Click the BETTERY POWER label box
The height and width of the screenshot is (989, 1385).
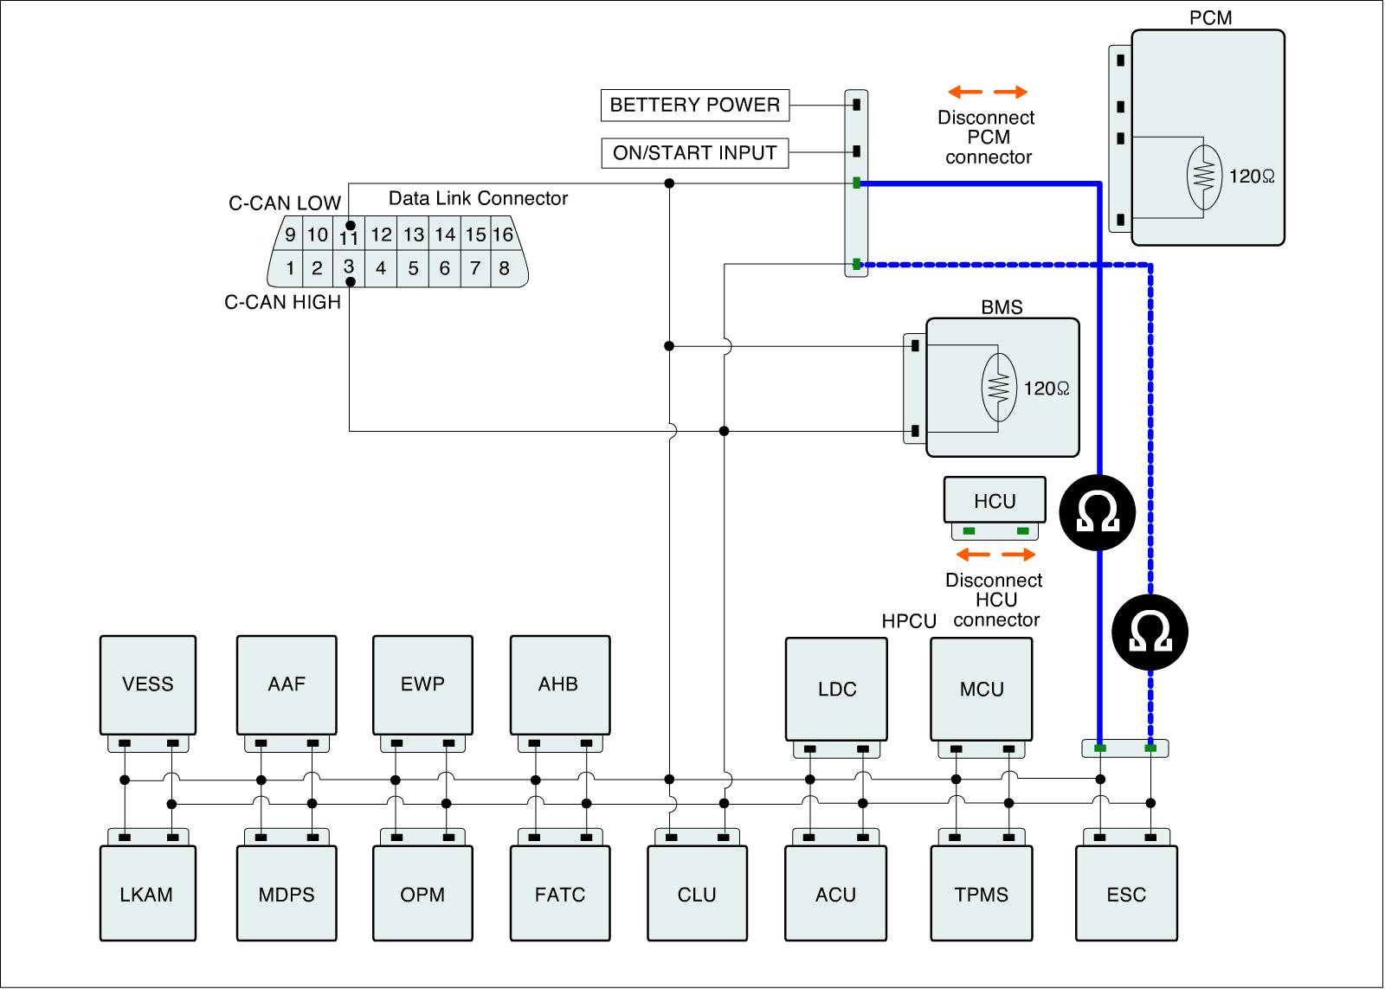(x=695, y=105)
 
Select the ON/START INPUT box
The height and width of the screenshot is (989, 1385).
(x=695, y=152)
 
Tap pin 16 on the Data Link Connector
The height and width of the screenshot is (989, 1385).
(x=503, y=234)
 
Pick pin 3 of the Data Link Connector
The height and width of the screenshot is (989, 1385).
(x=349, y=268)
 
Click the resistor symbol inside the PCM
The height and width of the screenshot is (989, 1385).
(x=1204, y=177)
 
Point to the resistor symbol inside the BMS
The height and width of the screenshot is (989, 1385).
(x=999, y=388)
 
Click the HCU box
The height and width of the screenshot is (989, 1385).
(x=995, y=500)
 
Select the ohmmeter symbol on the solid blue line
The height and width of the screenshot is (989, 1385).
(x=1098, y=512)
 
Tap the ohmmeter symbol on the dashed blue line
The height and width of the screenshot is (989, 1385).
(x=1150, y=632)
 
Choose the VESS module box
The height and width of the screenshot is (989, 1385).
(x=148, y=685)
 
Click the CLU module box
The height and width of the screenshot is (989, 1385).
(x=697, y=893)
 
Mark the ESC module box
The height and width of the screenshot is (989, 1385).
(x=1126, y=893)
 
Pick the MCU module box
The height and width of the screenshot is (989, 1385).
(x=982, y=690)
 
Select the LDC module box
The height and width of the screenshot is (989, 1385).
(x=836, y=690)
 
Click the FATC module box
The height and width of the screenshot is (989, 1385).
(x=560, y=893)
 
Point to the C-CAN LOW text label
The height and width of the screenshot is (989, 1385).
(x=285, y=202)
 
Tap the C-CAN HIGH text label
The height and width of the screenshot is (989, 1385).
(x=282, y=302)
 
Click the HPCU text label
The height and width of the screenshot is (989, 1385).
(x=909, y=620)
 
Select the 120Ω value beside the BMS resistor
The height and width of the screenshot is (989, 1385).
(x=1047, y=389)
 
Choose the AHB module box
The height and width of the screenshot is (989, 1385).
(x=560, y=685)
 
